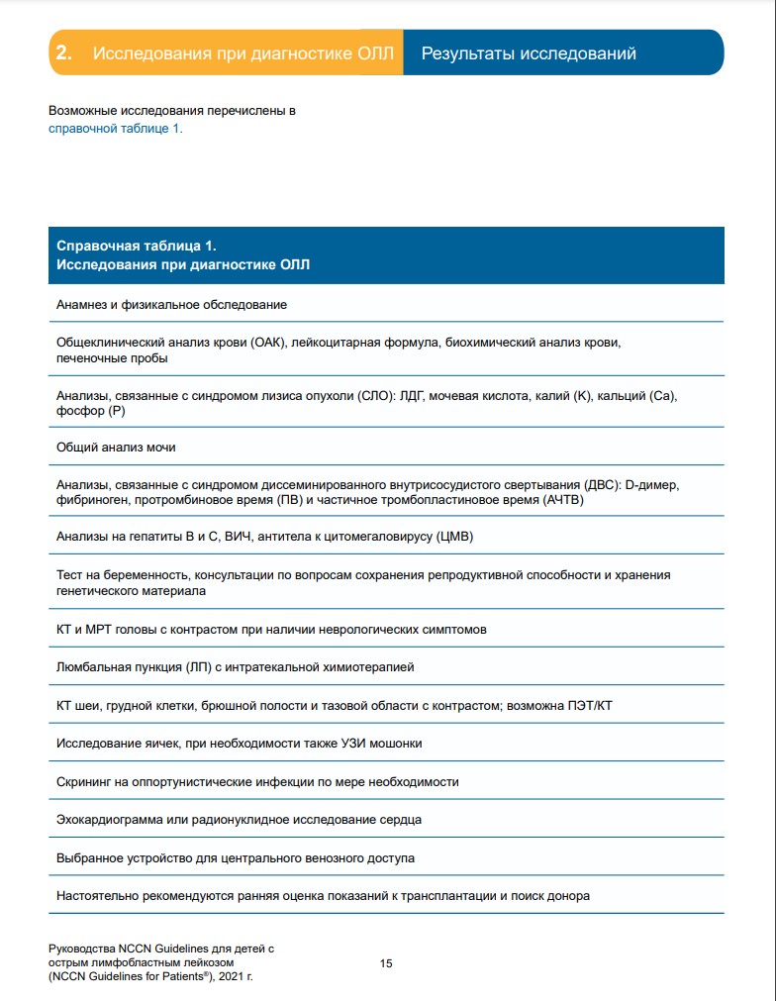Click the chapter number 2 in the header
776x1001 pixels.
(63, 53)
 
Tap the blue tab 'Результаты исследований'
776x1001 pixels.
(529, 53)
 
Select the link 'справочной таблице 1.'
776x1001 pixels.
(116, 128)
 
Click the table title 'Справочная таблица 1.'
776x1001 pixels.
(137, 245)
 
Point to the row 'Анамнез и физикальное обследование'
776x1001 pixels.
(171, 305)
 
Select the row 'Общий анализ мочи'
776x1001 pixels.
(116, 448)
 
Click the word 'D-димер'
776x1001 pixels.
(655, 484)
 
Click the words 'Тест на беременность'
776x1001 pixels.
(122, 574)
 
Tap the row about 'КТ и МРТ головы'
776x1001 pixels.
(270, 629)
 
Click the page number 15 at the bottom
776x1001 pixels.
(387, 962)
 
